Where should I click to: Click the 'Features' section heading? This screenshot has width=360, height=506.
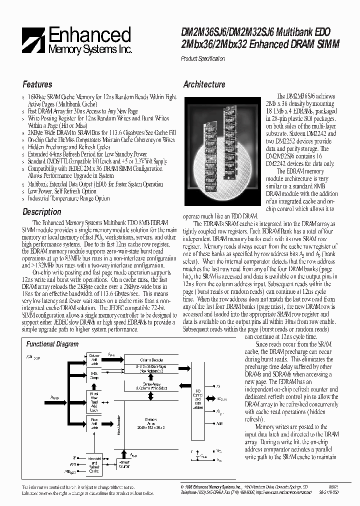[37, 84]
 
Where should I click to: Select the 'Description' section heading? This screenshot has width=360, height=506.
[42, 212]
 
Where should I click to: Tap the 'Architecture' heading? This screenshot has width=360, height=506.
[204, 84]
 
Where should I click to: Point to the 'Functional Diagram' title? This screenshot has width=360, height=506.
[52, 344]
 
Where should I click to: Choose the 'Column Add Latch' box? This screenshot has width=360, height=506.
[94, 360]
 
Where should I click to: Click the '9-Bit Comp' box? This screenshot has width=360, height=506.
[94, 375]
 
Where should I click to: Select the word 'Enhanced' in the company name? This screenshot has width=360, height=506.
[90, 35]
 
